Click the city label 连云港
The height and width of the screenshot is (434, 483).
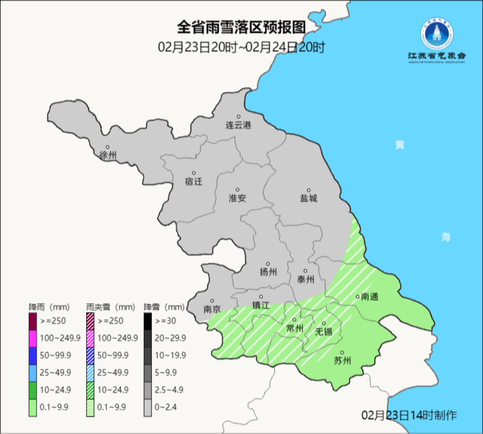(x=238, y=125)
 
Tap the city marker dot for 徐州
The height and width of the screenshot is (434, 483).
(x=107, y=147)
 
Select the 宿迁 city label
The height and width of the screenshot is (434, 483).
(x=193, y=181)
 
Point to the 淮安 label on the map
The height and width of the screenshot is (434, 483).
(x=237, y=198)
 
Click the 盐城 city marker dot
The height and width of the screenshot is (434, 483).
(x=308, y=190)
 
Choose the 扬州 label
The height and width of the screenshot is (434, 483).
(x=268, y=272)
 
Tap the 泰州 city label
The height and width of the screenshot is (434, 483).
(x=305, y=279)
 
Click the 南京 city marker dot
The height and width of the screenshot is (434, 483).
(x=212, y=301)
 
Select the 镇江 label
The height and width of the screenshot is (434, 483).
(x=261, y=305)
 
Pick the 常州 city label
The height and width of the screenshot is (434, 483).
(x=294, y=328)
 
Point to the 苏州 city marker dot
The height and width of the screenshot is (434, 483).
(x=342, y=352)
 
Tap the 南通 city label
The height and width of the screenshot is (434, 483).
(x=370, y=296)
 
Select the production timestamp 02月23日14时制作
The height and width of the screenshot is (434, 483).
(x=409, y=415)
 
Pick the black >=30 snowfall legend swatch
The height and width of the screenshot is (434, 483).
(x=148, y=321)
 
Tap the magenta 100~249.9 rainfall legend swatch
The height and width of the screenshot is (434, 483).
(x=33, y=338)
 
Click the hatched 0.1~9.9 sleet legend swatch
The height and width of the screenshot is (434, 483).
(x=90, y=407)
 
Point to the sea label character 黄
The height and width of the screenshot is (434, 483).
(x=399, y=145)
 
